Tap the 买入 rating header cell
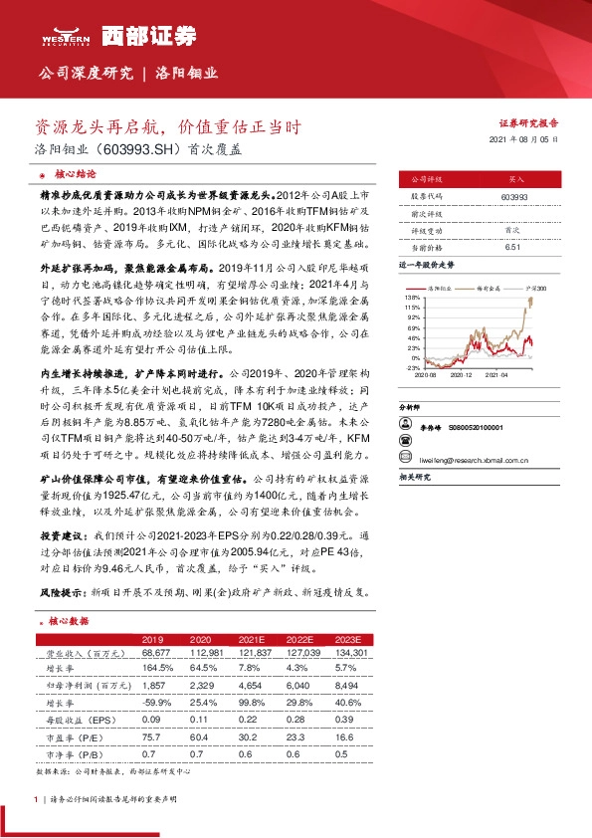515,180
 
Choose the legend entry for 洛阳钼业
441,287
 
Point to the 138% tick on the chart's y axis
411,298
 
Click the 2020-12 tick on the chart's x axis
462,376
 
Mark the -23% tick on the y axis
411,368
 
